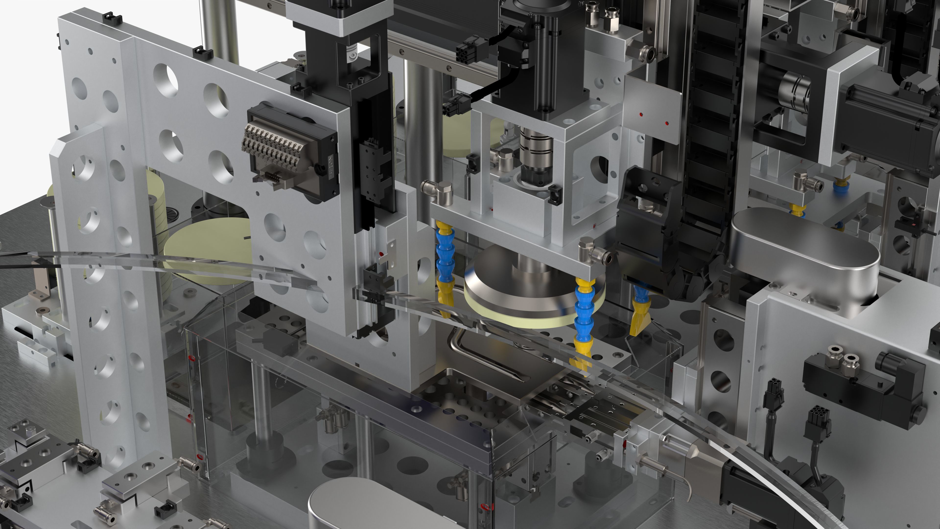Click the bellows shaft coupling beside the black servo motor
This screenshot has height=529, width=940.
(796, 88)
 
